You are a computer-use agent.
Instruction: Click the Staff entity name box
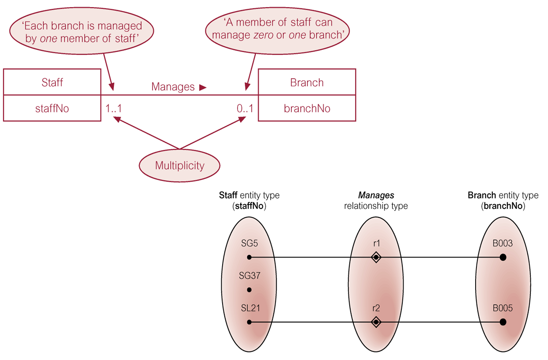(x=52, y=82)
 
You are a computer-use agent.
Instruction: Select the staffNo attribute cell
(x=52, y=108)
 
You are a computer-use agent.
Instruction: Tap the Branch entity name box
(x=307, y=82)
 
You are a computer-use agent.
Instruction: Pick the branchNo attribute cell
(x=307, y=108)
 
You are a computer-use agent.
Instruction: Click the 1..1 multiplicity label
(x=113, y=108)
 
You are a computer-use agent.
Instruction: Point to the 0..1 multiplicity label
(x=245, y=108)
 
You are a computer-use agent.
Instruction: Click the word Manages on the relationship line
(x=173, y=87)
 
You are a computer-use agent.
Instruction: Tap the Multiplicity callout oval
(x=179, y=166)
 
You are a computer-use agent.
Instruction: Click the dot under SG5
(x=249, y=257)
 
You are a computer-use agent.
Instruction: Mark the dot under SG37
(x=249, y=290)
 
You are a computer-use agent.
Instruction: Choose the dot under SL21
(x=249, y=322)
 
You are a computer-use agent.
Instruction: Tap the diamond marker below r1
(x=376, y=257)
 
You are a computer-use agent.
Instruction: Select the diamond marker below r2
(x=376, y=322)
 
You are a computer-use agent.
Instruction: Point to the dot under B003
(x=503, y=257)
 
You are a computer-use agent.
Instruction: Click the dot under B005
(x=503, y=322)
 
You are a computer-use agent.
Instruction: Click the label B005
(x=503, y=308)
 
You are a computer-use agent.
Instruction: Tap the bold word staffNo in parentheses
(x=249, y=205)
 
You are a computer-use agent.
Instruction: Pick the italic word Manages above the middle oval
(x=376, y=195)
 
